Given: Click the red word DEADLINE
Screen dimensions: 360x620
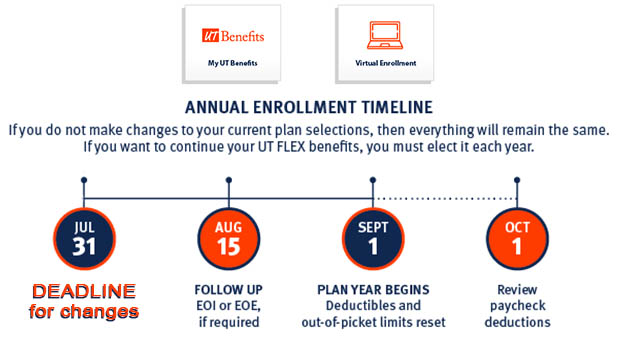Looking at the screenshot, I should [83, 292].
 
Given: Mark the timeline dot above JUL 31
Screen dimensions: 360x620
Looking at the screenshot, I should [83, 181].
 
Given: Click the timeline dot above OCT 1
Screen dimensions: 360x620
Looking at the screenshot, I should [517, 181].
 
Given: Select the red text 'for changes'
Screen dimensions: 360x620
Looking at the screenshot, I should [83, 311].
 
